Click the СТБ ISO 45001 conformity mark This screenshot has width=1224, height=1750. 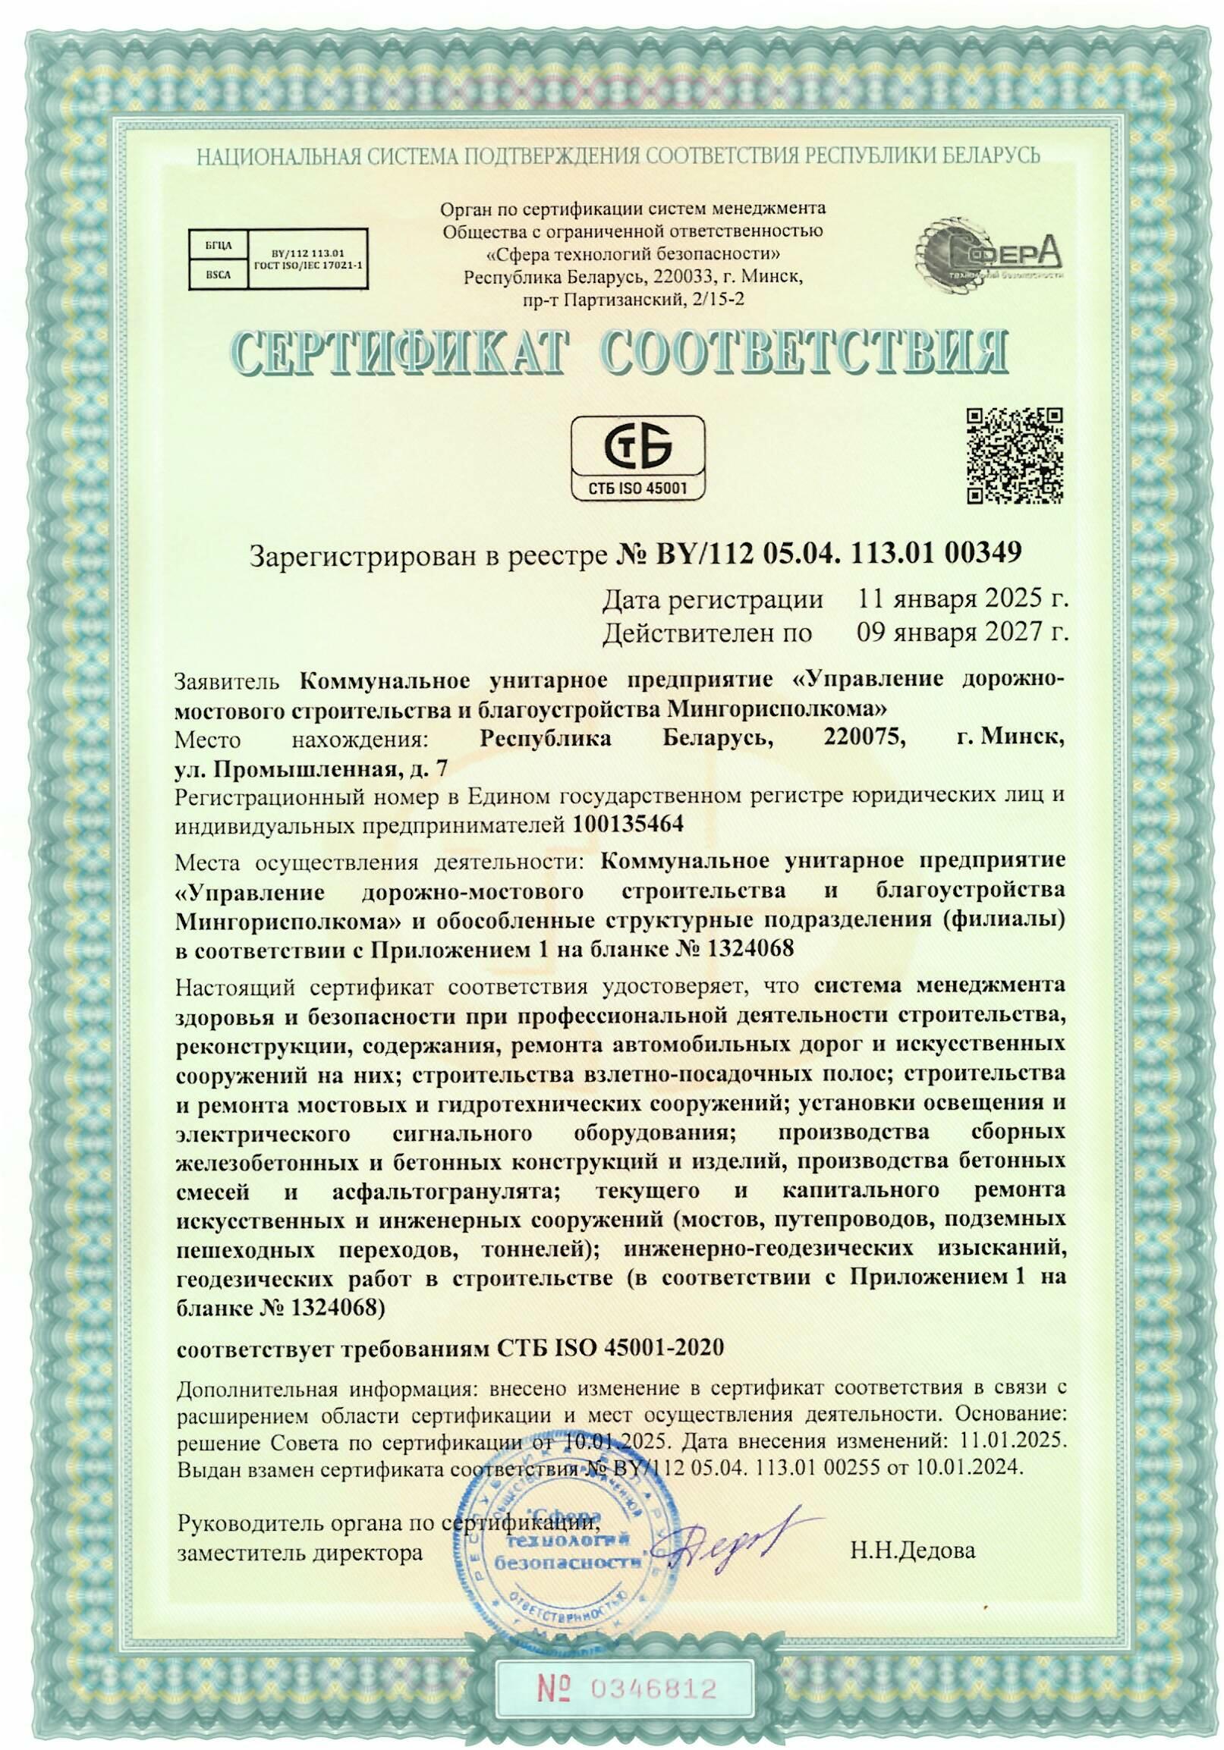click(638, 456)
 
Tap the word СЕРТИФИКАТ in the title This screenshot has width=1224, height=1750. click(402, 353)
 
